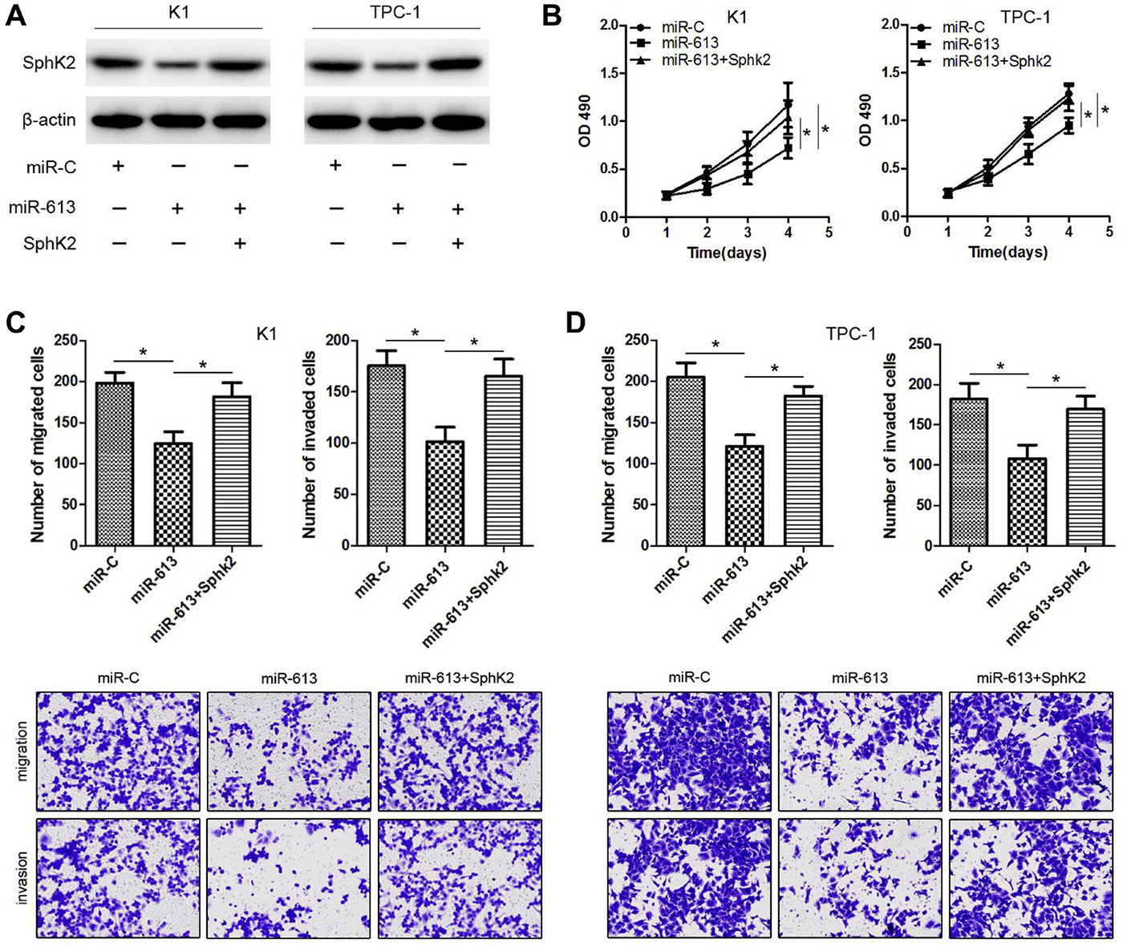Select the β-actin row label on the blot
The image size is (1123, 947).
pyautogui.click(x=49, y=120)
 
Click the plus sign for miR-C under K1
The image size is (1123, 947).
pyautogui.click(x=119, y=166)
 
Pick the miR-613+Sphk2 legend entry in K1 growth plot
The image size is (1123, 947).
pyautogui.click(x=715, y=60)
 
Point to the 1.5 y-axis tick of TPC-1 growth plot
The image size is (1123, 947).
pyautogui.click(x=887, y=73)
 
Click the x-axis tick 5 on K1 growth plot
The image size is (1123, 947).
pyautogui.click(x=829, y=233)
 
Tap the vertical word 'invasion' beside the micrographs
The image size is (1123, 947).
pyautogui.click(x=22, y=868)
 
